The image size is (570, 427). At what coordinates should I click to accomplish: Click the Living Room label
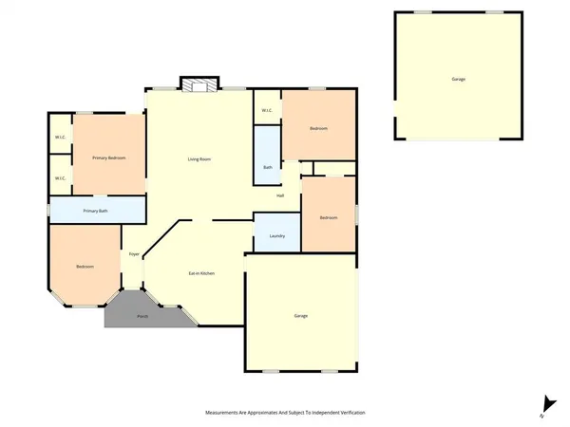(199, 158)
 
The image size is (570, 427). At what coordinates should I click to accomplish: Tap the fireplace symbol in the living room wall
(200, 85)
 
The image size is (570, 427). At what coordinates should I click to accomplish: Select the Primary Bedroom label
(109, 158)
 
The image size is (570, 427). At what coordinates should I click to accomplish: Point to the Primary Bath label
(96, 211)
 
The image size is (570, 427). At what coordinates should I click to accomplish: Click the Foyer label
(135, 254)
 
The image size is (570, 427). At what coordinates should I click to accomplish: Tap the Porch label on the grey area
(142, 315)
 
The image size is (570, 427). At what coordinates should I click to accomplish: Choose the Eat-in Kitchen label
(200, 273)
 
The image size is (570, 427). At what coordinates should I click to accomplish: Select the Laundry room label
(277, 235)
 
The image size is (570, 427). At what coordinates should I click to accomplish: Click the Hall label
(280, 195)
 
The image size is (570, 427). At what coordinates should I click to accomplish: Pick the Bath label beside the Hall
(268, 168)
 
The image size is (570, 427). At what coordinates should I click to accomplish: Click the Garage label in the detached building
(459, 80)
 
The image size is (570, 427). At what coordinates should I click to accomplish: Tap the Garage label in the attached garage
(300, 316)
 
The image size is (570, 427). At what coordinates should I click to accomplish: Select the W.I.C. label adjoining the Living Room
(266, 110)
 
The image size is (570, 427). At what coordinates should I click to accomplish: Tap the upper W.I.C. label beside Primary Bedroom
(60, 139)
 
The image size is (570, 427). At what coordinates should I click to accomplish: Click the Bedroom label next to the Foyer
(85, 267)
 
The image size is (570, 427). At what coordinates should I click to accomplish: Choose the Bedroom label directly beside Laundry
(329, 218)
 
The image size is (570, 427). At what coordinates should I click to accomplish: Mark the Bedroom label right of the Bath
(319, 128)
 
